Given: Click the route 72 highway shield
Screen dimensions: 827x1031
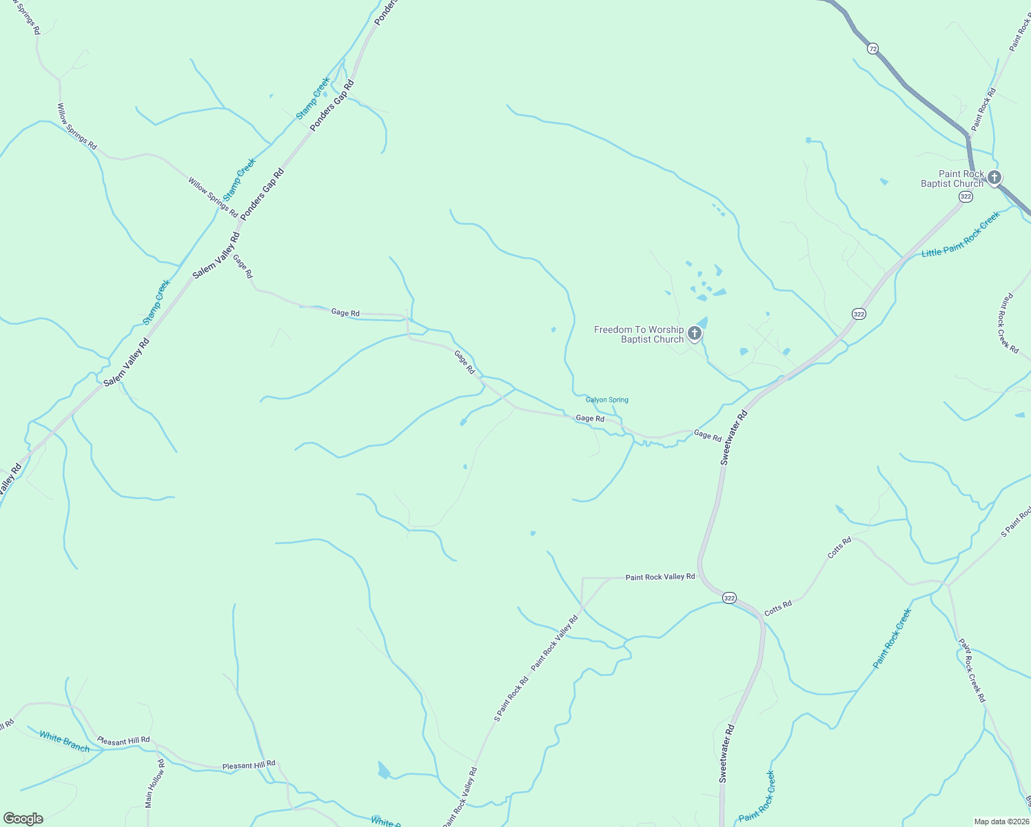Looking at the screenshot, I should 873,48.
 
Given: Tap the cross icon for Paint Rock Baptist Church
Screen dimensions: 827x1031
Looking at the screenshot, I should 994,178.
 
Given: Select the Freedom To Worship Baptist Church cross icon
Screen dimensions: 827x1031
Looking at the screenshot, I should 695,334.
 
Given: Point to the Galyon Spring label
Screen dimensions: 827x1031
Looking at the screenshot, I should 607,400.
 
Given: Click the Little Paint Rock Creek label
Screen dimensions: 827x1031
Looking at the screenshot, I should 961,235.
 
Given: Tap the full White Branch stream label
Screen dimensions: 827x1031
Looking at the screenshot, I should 65,742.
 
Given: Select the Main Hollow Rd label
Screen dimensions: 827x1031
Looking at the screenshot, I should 155,784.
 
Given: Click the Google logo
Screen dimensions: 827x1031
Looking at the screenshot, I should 23,819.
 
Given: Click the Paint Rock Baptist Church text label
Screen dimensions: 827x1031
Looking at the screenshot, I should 953,179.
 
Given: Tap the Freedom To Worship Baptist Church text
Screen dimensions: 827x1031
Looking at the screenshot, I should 639,334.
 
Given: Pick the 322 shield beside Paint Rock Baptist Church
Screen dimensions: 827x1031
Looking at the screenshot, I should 966,196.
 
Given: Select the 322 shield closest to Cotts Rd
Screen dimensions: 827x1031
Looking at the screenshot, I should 730,598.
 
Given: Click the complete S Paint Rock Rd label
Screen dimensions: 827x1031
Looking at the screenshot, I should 511,699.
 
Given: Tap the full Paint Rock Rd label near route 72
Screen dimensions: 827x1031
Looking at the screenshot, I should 983,110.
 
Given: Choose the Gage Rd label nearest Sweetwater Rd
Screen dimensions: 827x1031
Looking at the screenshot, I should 708,436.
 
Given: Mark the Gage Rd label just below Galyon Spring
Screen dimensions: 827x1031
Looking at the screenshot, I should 590,418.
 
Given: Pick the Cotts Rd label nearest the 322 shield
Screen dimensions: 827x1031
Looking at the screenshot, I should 778,607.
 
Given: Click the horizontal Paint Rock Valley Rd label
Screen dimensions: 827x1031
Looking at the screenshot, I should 660,577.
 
